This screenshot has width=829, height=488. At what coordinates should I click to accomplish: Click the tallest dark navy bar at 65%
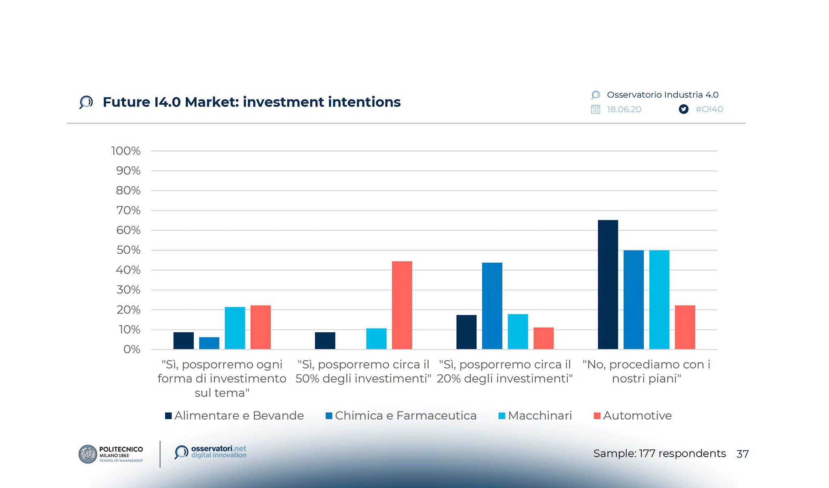coord(608,285)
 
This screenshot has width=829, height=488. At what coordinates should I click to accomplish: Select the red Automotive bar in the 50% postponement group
coord(402,305)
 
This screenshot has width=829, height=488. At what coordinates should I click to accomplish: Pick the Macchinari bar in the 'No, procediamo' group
coord(659,300)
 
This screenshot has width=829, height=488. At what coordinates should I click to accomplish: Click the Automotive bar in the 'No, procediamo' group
coord(685,327)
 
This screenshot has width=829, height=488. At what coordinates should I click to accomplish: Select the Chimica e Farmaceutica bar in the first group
coord(209,343)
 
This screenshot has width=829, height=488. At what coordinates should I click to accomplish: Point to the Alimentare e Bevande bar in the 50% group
coord(325,341)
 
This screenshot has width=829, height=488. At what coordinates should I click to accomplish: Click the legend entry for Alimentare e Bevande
coord(234,416)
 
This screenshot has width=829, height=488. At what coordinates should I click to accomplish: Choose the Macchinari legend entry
coord(535,416)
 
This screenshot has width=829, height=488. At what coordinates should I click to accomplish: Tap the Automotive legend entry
coord(633,416)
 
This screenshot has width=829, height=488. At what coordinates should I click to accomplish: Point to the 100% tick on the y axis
coord(126,151)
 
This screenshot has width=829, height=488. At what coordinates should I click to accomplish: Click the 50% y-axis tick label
coord(128,250)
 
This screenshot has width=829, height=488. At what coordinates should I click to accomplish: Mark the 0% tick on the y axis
coord(132,349)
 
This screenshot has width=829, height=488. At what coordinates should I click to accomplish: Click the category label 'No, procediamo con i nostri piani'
coord(646,371)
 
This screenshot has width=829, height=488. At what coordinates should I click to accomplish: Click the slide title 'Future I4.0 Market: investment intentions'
coord(252,102)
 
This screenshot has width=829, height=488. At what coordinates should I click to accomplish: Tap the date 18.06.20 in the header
coord(624,109)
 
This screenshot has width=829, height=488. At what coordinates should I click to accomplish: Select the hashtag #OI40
coord(709,109)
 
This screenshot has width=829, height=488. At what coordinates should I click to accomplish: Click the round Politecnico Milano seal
coord(88,454)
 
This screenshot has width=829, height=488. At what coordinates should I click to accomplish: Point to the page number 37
coord(742,454)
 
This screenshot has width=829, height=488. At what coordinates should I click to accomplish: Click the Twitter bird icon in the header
coord(684,109)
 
